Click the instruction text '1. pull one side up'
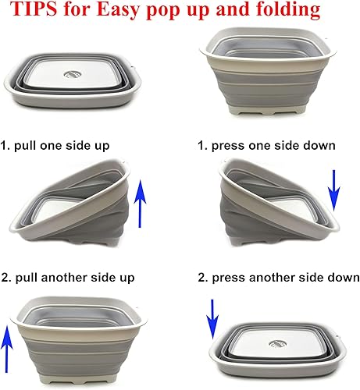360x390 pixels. tap(62, 146)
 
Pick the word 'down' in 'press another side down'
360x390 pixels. tap(343, 278)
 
